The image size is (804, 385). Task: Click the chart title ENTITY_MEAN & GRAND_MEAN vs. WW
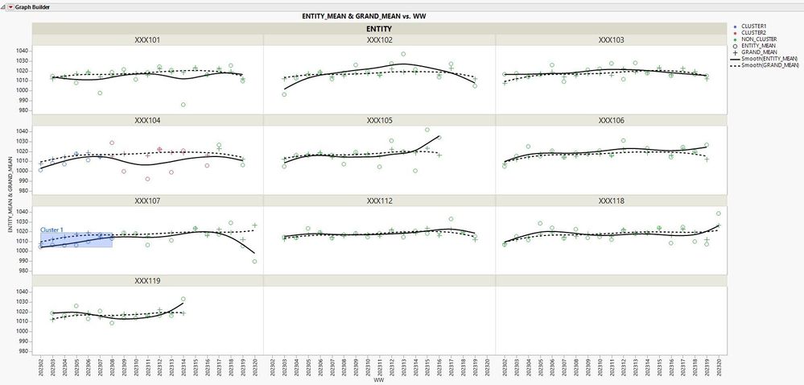[x=379, y=16]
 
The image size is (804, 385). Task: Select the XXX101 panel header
[x=147, y=39]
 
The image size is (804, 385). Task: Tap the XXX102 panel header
[x=379, y=39]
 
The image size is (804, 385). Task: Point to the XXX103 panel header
[x=612, y=39]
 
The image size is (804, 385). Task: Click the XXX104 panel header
[x=147, y=120]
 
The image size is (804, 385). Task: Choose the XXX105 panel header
[x=379, y=120]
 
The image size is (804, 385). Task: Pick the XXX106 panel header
[x=612, y=120]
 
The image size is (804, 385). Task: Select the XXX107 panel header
[x=147, y=201]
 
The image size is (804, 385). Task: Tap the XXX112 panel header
[x=379, y=201]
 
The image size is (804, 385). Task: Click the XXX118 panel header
[x=612, y=201]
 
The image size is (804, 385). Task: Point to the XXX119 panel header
[x=147, y=281]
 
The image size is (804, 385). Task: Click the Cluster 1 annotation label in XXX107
[x=52, y=230]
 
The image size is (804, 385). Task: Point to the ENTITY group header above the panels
[x=379, y=28]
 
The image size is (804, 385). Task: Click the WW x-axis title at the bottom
[x=379, y=379]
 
